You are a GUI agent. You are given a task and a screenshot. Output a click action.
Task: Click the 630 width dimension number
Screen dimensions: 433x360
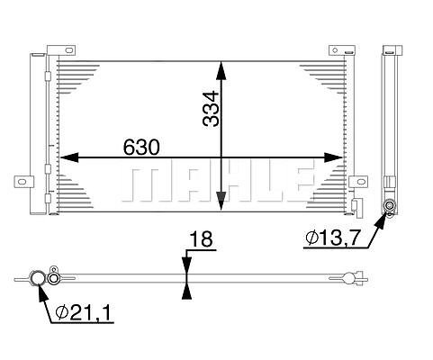coord(141,147)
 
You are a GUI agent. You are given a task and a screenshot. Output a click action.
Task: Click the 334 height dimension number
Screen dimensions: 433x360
coord(211,109)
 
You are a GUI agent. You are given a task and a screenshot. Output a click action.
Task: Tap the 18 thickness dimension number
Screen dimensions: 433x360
coord(202,238)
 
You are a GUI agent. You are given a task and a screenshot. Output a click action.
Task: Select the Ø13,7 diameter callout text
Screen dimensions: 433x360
coord(332,238)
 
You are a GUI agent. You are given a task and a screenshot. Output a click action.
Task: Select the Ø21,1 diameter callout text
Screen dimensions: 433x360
coord(83,312)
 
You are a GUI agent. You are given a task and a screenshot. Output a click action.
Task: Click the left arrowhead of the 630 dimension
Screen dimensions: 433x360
coord(69,157)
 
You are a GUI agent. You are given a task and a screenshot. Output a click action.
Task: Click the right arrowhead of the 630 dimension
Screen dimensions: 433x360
coord(333,157)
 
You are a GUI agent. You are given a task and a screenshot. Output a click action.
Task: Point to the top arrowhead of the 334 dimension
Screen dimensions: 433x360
coord(221,70)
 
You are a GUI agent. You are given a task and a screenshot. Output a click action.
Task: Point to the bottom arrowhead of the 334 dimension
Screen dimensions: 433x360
coord(221,201)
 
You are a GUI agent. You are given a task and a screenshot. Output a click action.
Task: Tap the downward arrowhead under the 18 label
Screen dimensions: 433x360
coord(186,265)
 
